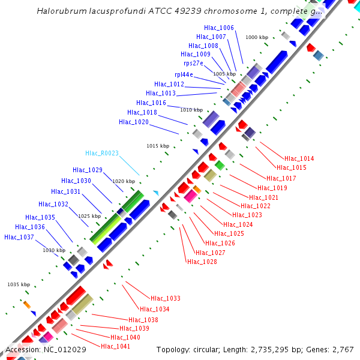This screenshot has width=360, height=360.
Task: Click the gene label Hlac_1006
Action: click(218, 28)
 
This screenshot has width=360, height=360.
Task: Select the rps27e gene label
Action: click(193, 63)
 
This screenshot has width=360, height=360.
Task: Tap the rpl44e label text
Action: click(184, 74)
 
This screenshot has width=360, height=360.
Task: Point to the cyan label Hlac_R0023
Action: click(102, 153)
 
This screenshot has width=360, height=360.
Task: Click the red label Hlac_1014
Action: click(299, 158)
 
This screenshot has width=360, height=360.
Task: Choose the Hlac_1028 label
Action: click(202, 262)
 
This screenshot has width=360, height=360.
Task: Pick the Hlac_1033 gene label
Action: click(166, 298)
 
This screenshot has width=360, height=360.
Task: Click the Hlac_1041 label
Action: click(115, 346)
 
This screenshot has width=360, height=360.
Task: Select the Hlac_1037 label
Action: click(19, 237)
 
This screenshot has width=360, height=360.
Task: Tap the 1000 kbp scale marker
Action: click(257, 37)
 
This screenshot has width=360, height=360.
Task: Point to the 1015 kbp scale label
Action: click(158, 146)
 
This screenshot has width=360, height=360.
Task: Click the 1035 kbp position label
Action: click(19, 284)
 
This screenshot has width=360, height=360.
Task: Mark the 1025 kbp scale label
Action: click(89, 216)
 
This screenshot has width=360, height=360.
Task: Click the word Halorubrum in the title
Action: click(59, 11)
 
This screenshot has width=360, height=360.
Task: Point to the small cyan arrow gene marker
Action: click(156, 193)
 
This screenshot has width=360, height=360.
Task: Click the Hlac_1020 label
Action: click(133, 122)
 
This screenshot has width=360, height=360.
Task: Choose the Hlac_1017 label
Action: click(281, 178)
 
